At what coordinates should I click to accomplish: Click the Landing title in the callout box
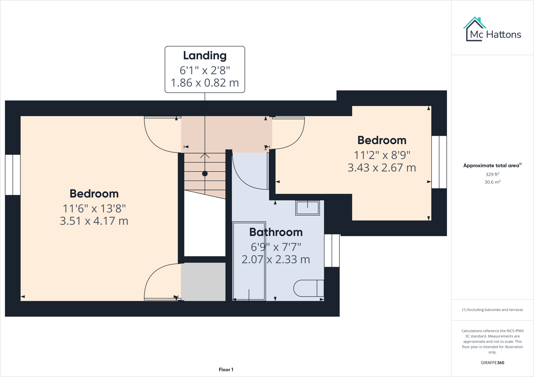click(205, 56)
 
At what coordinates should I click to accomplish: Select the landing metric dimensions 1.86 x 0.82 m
click(205, 83)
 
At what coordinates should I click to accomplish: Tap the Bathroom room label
click(276, 232)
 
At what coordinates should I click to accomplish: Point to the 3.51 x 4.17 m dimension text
click(94, 221)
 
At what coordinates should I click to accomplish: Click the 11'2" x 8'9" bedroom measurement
click(382, 155)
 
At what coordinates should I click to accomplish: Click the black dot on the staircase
click(205, 174)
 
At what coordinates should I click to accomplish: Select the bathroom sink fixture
click(307, 208)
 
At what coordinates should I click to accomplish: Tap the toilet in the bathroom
click(308, 288)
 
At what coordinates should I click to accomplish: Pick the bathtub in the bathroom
click(249, 261)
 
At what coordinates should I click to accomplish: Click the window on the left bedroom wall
click(13, 175)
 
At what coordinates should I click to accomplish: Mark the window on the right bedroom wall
click(439, 162)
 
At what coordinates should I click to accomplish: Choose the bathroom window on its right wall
click(332, 250)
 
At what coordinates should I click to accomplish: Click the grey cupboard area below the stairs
click(203, 282)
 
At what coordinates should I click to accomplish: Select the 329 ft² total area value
click(492, 174)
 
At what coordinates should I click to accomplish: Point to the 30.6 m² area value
click(492, 182)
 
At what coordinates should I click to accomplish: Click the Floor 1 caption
click(226, 370)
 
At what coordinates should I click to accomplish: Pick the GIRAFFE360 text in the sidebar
click(492, 363)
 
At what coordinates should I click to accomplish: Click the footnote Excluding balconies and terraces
click(492, 310)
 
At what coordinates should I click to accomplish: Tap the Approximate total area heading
click(492, 166)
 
